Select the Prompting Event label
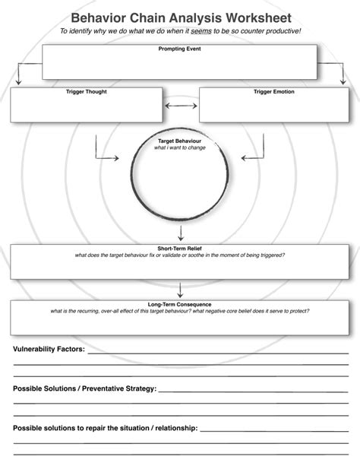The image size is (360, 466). click(180, 49)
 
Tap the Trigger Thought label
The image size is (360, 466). click(86, 92)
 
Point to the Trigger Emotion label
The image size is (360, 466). click(274, 92)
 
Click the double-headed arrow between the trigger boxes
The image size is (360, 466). click(180, 106)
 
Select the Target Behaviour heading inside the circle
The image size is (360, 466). click(180, 141)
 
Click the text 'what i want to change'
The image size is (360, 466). click(180, 147)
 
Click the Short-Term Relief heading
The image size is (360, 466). click(180, 249)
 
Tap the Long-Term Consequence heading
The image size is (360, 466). click(180, 304)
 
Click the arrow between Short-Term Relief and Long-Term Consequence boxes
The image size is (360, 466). click(180, 290)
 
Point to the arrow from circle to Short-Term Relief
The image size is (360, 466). click(180, 231)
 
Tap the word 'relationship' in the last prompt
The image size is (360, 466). click(175, 428)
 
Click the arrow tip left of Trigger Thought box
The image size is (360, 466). click(18, 81)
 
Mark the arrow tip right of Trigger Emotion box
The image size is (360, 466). click(342, 81)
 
